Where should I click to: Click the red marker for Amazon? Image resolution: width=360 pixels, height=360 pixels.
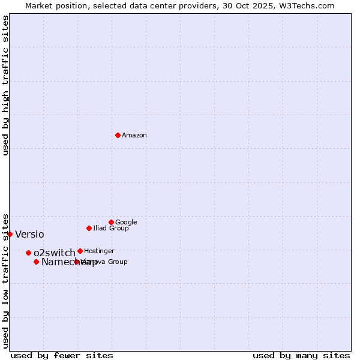[118, 135]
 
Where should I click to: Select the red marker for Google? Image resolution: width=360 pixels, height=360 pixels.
[111, 222]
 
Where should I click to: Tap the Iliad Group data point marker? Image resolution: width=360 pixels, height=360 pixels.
[89, 228]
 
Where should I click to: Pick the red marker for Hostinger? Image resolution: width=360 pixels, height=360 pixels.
[80, 251]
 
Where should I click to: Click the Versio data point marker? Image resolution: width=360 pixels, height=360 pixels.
[10, 234]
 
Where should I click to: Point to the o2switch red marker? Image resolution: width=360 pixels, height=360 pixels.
[28, 253]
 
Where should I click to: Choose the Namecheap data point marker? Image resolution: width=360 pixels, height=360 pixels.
[36, 262]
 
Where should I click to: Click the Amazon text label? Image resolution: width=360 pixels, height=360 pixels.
[134, 136]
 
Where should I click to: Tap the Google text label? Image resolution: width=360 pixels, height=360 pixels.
[126, 223]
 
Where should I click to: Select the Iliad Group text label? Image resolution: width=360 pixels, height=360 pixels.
[111, 229]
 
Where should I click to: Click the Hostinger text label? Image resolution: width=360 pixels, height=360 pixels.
[99, 251]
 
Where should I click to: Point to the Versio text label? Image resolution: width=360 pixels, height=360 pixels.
[29, 235]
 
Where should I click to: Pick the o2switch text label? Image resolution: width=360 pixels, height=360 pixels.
[55, 253]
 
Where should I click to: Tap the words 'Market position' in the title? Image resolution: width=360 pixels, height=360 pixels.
[53, 6]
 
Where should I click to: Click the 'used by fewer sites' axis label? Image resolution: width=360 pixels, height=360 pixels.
[62, 355]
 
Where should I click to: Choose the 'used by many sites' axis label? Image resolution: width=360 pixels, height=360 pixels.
[301, 355]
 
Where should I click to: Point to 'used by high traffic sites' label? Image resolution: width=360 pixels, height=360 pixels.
[6, 86]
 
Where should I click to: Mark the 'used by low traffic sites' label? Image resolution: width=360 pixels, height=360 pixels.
[6, 280]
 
